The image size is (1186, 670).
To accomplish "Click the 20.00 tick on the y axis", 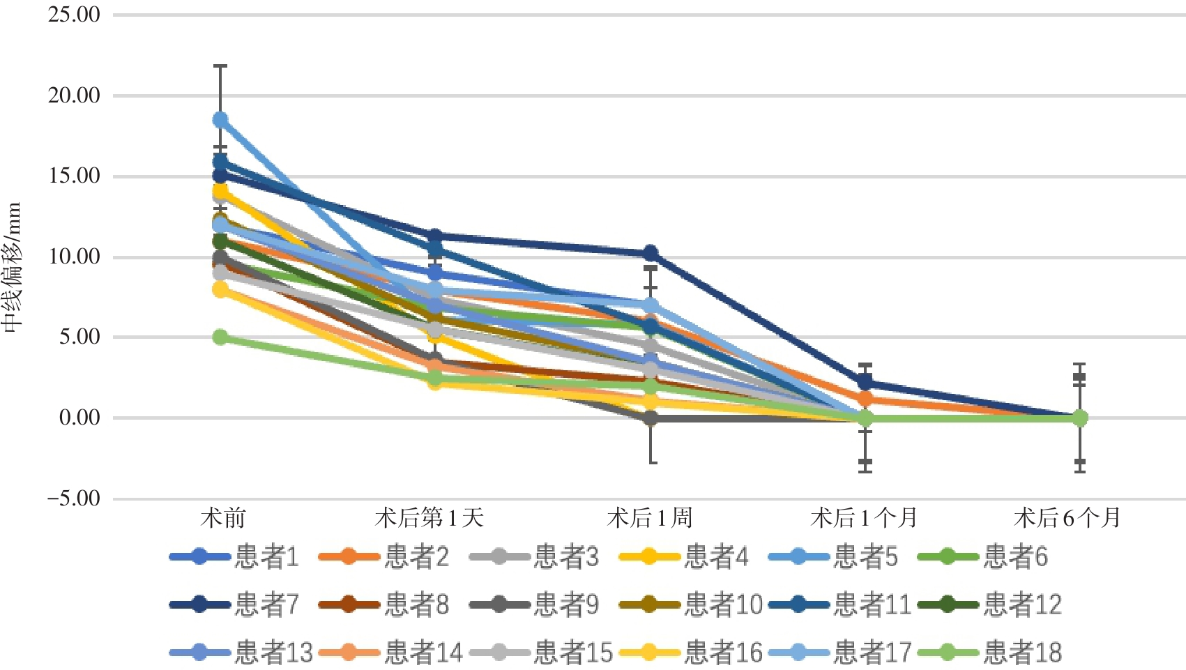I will [x=73, y=96].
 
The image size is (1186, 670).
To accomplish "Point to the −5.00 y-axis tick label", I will [x=73, y=498].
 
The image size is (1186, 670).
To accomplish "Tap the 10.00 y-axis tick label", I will [x=73, y=257].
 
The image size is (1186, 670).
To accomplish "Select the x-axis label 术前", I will [x=223, y=518].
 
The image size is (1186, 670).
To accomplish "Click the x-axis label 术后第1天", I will [x=429, y=518].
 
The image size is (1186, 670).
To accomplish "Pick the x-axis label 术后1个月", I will [x=864, y=518].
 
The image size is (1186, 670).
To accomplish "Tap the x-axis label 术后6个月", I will [x=1067, y=518].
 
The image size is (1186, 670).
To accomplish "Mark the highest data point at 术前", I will [x=220, y=120].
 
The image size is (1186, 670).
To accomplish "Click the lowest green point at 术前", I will [x=220, y=337].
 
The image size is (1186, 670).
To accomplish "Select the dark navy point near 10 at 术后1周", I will [x=651, y=253].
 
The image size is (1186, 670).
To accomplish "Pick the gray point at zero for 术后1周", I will [x=651, y=418].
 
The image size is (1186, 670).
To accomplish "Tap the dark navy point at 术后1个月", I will [x=865, y=382].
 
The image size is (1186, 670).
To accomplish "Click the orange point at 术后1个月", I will [x=865, y=399].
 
